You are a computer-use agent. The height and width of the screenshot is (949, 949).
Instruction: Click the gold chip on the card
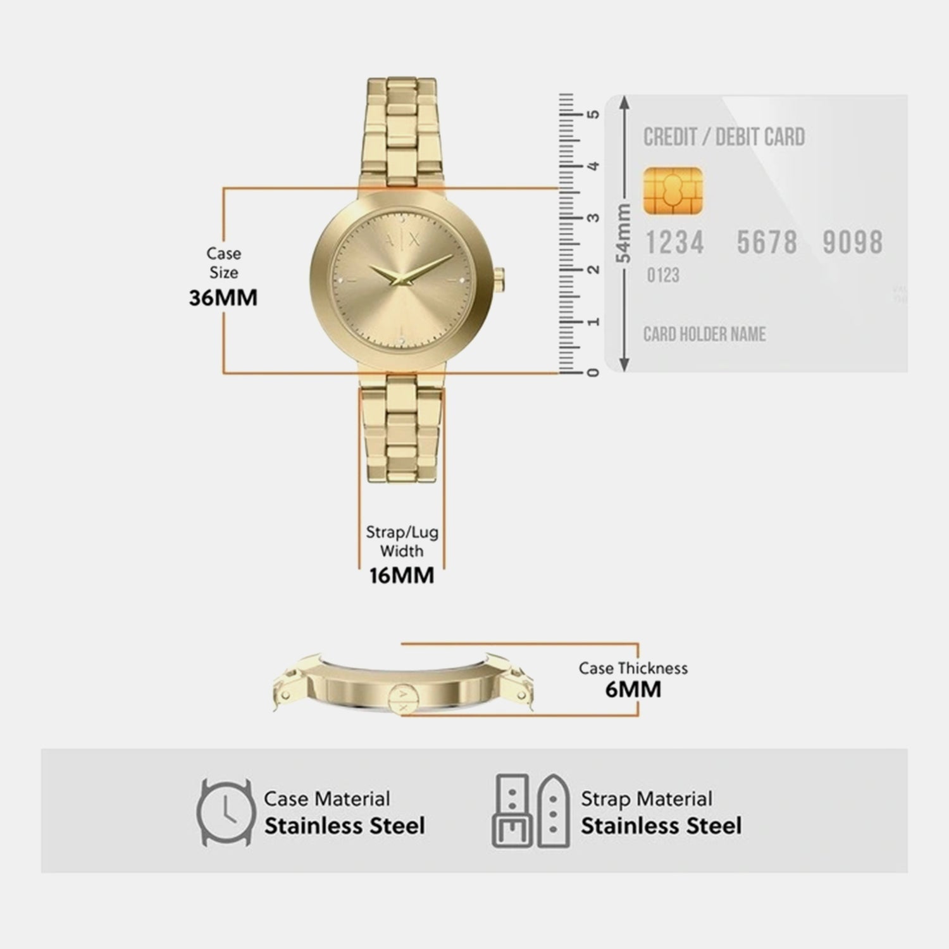pos(673,191)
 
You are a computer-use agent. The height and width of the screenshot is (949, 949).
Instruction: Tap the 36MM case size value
pos(223,297)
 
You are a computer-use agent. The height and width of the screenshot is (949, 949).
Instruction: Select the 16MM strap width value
pos(402,576)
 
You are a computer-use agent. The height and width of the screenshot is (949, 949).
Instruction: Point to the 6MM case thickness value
pos(633,689)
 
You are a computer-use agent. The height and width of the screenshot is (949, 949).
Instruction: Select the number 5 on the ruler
pos(593,115)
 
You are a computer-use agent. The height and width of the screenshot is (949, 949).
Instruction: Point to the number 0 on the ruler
pos(593,373)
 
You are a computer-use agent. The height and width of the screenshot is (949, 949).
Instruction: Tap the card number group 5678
pos(767,242)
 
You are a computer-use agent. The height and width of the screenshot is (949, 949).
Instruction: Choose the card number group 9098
pos(852,242)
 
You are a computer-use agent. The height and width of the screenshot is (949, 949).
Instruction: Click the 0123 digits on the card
pos(662,275)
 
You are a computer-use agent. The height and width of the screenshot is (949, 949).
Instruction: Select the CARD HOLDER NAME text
pos(704,334)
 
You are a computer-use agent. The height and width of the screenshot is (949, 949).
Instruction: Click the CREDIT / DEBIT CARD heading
pos(724,137)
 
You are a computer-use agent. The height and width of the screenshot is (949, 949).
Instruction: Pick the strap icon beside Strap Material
pos(531,811)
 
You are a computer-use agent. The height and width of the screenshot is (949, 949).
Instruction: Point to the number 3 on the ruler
pos(593,218)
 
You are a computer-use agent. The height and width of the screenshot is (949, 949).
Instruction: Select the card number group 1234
pos(674,242)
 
